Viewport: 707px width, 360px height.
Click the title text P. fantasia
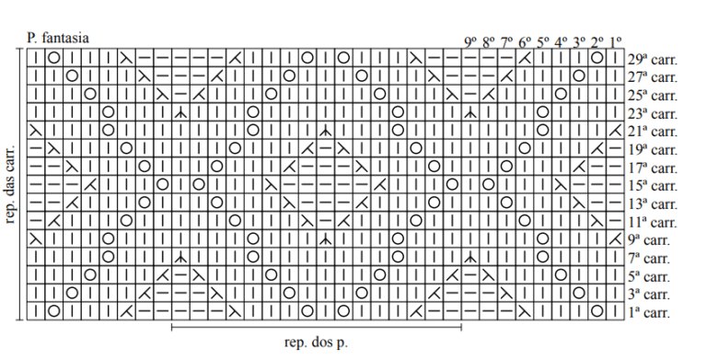tap(58, 38)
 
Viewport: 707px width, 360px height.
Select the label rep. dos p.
tap(316, 343)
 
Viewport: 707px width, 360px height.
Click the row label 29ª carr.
tap(653, 59)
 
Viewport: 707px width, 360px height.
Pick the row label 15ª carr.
tap(653, 185)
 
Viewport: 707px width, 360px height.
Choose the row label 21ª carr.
tap(653, 132)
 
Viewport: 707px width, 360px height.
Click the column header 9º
tap(470, 42)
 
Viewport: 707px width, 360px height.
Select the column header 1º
tap(616, 42)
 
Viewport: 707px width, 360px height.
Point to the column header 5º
tap(543, 42)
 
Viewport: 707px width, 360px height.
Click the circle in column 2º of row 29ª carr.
tap(597, 58)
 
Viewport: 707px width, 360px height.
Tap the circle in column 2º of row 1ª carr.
tap(597, 311)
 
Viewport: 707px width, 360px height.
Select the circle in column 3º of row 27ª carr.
tap(579, 75)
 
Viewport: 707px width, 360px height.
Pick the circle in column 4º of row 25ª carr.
tap(561, 94)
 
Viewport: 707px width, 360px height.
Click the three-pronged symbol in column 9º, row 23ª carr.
tap(470, 112)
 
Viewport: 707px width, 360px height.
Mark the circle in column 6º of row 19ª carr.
tap(525, 148)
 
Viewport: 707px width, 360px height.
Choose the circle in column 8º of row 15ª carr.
tap(488, 184)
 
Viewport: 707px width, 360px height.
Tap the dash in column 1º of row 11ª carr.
tap(615, 221)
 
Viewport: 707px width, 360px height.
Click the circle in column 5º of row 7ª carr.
tap(543, 257)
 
